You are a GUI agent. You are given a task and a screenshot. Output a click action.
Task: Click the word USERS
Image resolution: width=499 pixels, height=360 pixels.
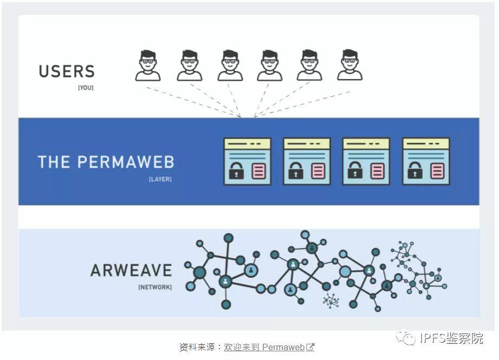point(67,71)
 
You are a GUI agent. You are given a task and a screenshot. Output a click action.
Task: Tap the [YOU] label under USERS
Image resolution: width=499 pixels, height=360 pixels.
point(86,88)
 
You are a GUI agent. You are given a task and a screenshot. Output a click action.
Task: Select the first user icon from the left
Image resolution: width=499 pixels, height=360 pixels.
point(147,66)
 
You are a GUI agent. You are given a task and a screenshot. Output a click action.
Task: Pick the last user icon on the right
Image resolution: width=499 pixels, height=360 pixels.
point(349,66)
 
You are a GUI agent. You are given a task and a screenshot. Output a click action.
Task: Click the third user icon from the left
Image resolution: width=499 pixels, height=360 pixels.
point(230,66)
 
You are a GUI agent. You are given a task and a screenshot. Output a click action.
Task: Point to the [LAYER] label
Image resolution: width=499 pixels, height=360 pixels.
point(160,179)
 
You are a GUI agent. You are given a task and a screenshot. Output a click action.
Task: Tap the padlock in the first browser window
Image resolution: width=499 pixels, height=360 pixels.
point(236,171)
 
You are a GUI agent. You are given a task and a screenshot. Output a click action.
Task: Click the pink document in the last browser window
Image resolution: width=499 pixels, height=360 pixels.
point(437,171)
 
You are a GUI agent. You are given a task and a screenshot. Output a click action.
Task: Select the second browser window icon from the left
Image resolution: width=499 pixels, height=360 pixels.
point(307,161)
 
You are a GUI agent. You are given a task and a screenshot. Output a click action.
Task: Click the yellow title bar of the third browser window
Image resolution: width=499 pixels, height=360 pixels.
point(366,143)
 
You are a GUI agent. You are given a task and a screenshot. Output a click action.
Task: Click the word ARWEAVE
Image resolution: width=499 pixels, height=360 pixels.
point(131,270)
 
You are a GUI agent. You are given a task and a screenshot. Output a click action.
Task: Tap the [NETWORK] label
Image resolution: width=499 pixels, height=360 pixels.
point(155,287)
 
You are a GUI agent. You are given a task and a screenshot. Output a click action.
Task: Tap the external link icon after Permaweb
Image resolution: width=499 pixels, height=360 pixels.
point(310,347)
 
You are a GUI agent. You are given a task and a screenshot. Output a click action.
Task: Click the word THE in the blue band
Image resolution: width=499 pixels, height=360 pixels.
point(54,162)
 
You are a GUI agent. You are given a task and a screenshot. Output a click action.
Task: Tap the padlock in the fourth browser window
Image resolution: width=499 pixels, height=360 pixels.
point(415,171)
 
